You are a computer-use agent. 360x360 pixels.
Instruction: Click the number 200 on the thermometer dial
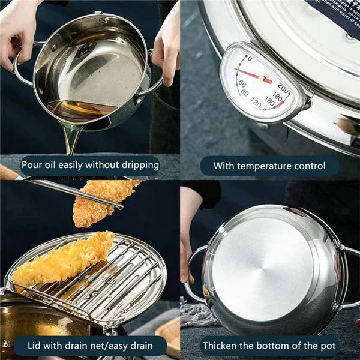[x=283, y=89]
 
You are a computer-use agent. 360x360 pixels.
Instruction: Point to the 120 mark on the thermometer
[x=256, y=103]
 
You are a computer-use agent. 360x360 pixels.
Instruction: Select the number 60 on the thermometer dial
[x=242, y=84]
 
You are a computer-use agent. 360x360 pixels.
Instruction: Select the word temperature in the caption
[x=266, y=166]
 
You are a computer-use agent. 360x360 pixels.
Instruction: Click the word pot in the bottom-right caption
[x=322, y=346]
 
